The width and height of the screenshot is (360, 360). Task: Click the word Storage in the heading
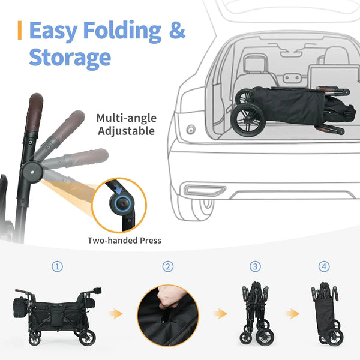(x=70, y=58)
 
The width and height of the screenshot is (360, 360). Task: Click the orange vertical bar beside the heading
(x=20, y=31)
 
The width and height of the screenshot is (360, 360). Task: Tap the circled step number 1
(x=57, y=266)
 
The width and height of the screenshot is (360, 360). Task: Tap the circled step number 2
(x=167, y=266)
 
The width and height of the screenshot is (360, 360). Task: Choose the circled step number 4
(x=325, y=266)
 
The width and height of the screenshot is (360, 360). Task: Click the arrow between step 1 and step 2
(x=116, y=313)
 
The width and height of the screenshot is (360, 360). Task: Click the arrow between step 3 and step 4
(x=292, y=313)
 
